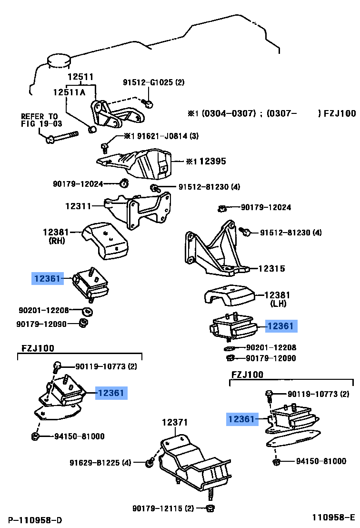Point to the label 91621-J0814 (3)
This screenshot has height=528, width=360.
click(x=161, y=136)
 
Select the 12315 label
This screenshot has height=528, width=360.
click(x=271, y=269)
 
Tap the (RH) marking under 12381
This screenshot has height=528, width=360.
click(x=57, y=241)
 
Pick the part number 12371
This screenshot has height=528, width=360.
click(x=174, y=422)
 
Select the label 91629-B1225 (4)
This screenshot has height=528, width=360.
click(x=100, y=463)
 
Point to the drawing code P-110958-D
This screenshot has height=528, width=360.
click(x=35, y=519)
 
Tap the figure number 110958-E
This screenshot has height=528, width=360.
click(x=333, y=518)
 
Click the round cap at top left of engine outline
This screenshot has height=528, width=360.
click(x=58, y=62)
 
